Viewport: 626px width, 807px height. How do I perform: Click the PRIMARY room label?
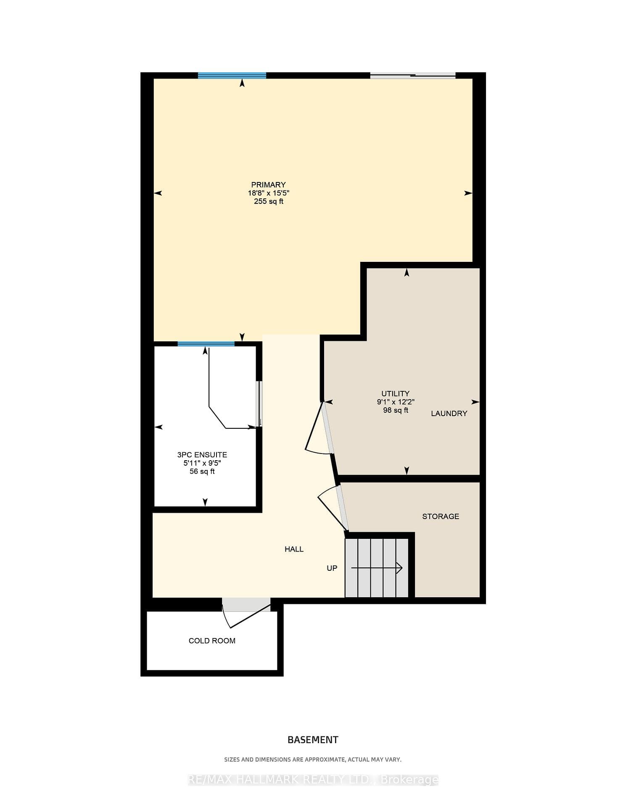pos(268,185)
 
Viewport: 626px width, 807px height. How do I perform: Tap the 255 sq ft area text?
pos(268,201)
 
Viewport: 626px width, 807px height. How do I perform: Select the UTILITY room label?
pos(395,393)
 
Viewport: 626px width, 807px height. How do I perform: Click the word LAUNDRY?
pos(449,414)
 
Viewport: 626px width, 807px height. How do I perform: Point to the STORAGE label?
pos(441,516)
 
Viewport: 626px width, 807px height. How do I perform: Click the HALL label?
pos(294,549)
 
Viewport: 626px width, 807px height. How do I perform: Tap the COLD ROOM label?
pos(212,641)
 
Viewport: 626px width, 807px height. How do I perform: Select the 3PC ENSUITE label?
pos(202,455)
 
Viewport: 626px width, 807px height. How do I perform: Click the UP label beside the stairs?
pos(332,568)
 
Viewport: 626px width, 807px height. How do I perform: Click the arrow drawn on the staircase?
pos(377,568)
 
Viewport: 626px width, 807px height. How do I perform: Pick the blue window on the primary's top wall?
pos(232,76)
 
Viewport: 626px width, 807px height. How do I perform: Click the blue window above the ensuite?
pos(206,344)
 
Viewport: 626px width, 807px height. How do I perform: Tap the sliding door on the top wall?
pos(413,76)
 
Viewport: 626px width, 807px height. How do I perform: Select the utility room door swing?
pos(320,429)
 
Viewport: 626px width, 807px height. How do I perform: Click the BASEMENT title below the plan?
pos(313,740)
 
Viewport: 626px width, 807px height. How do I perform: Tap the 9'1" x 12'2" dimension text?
pos(396,402)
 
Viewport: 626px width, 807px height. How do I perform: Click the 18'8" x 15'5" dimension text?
pos(269,193)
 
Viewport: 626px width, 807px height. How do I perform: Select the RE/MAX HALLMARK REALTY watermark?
pos(313,780)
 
